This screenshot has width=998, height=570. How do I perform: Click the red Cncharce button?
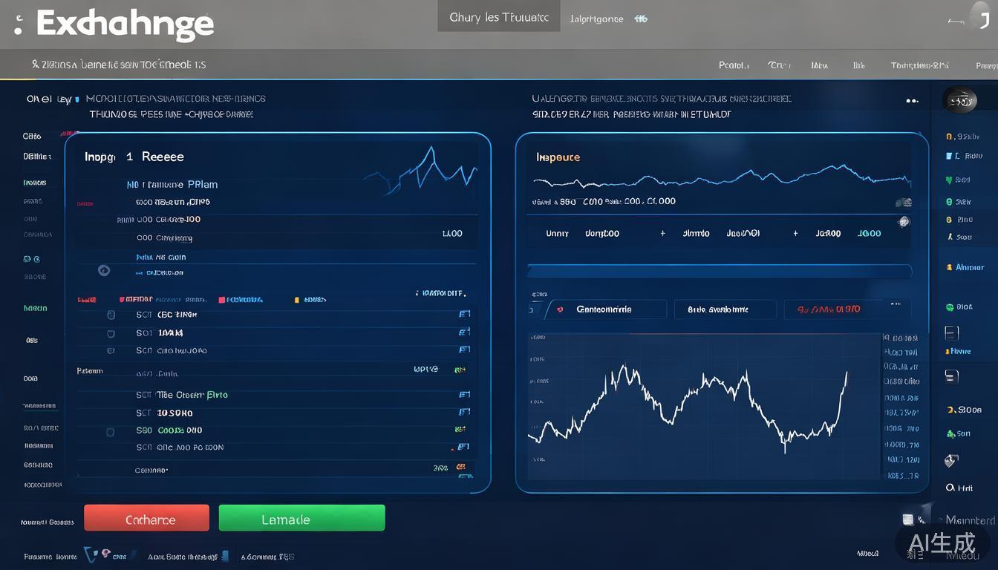click(x=146, y=518)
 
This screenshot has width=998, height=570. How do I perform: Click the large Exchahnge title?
click(x=124, y=24)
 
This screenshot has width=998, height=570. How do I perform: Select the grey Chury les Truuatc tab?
click(x=498, y=17)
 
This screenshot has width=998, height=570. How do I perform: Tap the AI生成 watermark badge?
click(x=942, y=543)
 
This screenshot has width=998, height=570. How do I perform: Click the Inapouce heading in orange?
click(x=558, y=157)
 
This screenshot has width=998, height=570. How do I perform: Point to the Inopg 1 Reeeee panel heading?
click(x=134, y=157)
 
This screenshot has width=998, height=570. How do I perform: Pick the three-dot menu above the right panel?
click(x=913, y=100)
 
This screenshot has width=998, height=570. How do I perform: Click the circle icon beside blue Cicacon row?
click(x=104, y=271)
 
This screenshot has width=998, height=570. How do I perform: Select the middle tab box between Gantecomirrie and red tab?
click(x=725, y=309)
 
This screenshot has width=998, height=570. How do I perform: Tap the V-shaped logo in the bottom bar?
click(x=91, y=554)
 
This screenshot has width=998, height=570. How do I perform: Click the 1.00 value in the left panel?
click(x=452, y=233)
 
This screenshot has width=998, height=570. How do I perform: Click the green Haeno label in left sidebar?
click(x=35, y=308)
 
